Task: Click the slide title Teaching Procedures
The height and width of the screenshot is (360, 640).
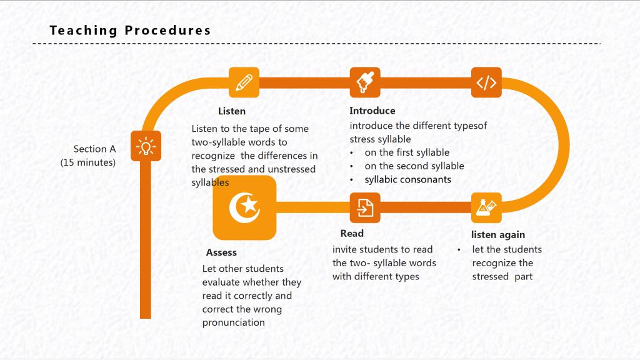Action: coord(130,31)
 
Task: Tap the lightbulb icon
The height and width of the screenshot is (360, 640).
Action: coord(146,146)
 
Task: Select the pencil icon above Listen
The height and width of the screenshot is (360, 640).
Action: coord(244,82)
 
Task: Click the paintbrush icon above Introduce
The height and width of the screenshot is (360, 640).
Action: coord(365,82)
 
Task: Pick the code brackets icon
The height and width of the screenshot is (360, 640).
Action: coord(486,82)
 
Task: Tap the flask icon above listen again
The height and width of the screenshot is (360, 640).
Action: coord(486,207)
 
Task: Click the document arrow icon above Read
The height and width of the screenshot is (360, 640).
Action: coord(365,207)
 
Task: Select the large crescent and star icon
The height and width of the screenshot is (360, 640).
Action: coord(244,207)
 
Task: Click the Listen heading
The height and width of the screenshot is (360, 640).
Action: coord(232,111)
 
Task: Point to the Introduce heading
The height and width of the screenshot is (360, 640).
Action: coord(372,111)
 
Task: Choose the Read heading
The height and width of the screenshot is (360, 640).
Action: coord(352,234)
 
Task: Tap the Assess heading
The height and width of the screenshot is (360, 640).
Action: coord(221,252)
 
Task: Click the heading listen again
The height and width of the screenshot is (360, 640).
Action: coord(498,235)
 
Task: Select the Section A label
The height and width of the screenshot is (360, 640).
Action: coord(95,149)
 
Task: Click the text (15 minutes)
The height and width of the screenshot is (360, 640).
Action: coord(88,162)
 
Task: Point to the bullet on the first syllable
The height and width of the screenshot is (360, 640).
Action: coord(407,152)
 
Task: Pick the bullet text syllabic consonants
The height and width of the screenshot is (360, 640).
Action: coord(407,179)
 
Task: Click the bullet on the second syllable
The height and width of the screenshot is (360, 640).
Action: coord(414,166)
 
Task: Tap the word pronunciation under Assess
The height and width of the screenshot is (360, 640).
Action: coord(234,322)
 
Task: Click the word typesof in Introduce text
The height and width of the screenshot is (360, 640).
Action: coord(470,126)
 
